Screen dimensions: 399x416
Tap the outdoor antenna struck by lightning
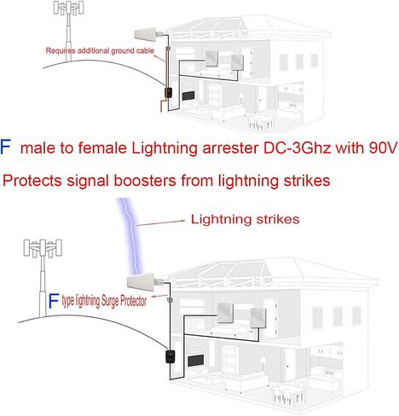pos(142,281)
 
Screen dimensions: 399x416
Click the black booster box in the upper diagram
pos(169,93)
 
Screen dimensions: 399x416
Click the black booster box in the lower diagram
pos(171,356)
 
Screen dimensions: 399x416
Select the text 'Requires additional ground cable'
pos(100,51)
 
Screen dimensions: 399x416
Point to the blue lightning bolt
pos(131,236)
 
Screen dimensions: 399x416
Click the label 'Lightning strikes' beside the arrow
pos(245,219)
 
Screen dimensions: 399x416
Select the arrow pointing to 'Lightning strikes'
pos(161,222)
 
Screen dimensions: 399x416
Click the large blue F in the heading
pos(5,147)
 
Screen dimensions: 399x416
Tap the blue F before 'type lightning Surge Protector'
pos(54,301)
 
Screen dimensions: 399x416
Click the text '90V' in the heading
pos(383,147)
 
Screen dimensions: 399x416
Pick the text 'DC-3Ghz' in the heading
pos(297,147)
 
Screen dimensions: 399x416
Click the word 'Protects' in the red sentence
pos(32,181)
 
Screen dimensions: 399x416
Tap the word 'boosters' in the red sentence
pos(145,181)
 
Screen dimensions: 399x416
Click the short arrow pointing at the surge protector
pos(159,297)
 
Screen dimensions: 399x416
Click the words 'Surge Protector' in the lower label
pos(124,301)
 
